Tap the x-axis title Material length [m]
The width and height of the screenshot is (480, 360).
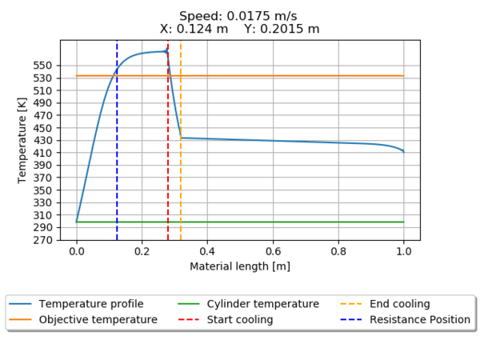click(x=240, y=266)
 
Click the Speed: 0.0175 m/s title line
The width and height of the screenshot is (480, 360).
click(x=240, y=15)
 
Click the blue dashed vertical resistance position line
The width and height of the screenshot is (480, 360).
click(x=117, y=160)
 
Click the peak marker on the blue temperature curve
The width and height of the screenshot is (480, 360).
click(x=166, y=51)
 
